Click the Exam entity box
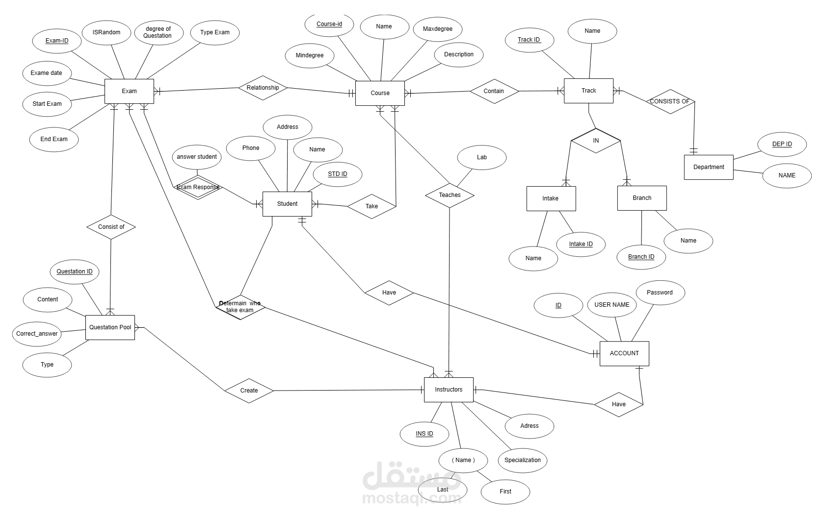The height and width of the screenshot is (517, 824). (x=129, y=91)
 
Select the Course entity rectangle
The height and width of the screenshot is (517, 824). (x=380, y=93)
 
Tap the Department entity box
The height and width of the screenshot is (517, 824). (x=709, y=167)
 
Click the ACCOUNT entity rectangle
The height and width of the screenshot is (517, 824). (x=624, y=353)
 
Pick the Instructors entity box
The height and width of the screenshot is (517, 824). (x=449, y=390)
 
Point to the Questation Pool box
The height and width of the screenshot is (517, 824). (x=110, y=327)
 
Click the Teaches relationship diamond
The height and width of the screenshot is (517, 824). (x=450, y=196)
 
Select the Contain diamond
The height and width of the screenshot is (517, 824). (x=494, y=91)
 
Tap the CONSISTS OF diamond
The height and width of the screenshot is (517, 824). (x=670, y=101)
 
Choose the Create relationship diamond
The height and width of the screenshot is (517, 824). (x=249, y=391)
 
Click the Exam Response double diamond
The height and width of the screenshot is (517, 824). (x=198, y=187)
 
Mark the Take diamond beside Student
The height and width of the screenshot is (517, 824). (x=372, y=206)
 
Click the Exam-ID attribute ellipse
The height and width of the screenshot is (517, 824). (x=56, y=41)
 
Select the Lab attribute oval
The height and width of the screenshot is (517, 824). (x=482, y=157)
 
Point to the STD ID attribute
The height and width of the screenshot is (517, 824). (x=337, y=174)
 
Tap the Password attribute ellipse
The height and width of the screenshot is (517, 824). (x=660, y=293)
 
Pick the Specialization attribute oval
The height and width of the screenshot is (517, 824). (x=522, y=460)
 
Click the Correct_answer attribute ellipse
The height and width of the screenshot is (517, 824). (x=37, y=334)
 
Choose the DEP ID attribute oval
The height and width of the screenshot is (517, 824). (x=782, y=144)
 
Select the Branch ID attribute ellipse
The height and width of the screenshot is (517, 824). (x=641, y=257)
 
